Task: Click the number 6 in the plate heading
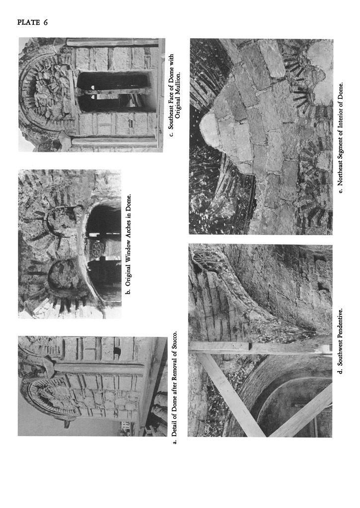[45, 22]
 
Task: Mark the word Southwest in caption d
[340, 354]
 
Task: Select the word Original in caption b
[128, 269]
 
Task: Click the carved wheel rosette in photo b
[96, 250]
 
